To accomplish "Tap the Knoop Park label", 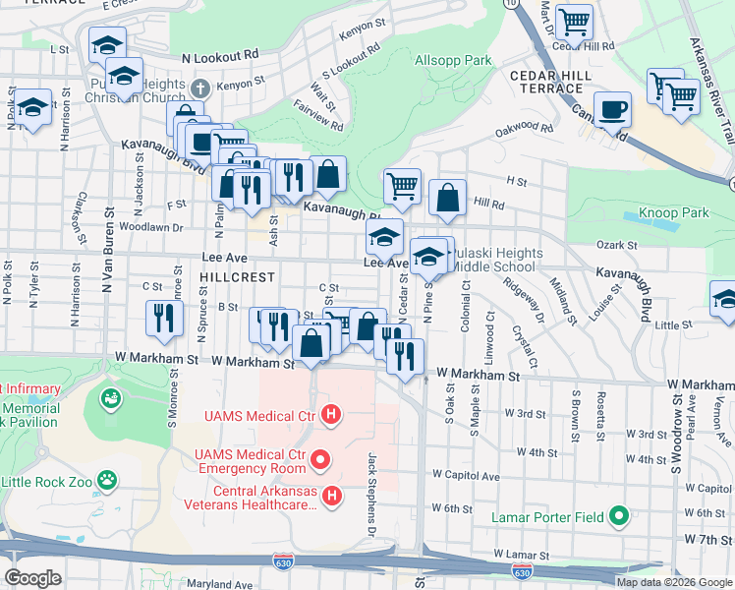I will point(667,212).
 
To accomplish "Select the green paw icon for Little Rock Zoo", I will point(107,481).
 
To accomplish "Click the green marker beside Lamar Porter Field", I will point(618,514).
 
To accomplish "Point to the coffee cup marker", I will point(612,110).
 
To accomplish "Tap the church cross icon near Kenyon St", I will point(200,87).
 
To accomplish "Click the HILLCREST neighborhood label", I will point(232,277).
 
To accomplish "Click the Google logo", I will point(31,578).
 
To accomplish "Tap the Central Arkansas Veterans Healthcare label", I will point(250,498).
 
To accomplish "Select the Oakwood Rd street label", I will point(524,128).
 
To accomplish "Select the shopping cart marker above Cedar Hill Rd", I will point(573,21).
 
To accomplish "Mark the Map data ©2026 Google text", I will point(674,582).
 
